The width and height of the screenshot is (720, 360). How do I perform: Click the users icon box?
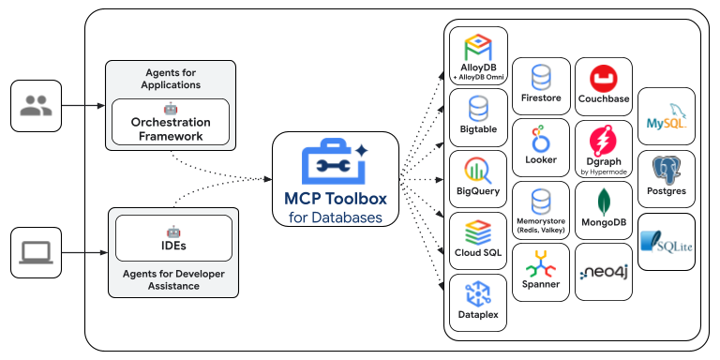coord(36,106)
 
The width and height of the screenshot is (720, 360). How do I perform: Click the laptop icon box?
coord(36,252)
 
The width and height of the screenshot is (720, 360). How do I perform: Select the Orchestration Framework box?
coord(171,122)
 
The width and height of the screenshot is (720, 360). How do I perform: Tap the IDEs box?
coord(173,238)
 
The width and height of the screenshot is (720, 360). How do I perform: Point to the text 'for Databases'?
coord(335,217)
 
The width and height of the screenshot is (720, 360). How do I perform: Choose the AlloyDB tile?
coord(478,55)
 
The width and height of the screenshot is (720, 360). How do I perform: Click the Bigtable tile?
coord(478,117)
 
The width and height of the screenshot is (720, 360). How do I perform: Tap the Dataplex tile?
coord(478,303)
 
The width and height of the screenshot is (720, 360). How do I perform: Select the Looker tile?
coord(541,148)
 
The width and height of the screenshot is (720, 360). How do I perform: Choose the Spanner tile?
coord(541,272)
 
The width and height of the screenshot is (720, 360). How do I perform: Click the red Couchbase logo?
coord(603,76)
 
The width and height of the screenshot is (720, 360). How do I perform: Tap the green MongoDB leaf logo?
coord(603,200)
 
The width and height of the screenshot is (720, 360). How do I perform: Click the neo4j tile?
coord(603,272)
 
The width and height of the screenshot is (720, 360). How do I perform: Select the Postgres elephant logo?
coord(667,169)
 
